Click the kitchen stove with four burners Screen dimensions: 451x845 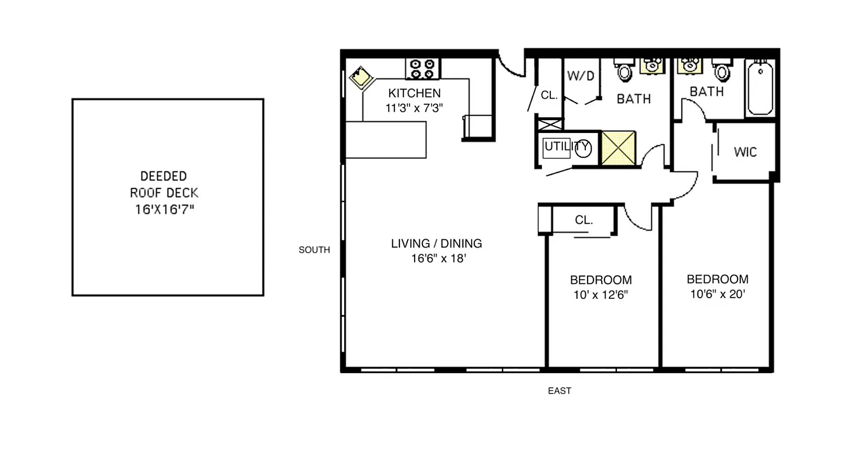[x=423, y=69]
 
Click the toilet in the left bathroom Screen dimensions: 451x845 [x=624, y=70]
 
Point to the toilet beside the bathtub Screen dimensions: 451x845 [x=722, y=70]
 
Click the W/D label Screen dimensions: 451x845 [x=581, y=76]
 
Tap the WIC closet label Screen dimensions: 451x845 [x=745, y=152]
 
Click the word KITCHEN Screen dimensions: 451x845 [x=415, y=93]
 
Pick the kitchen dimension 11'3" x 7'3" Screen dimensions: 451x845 [x=415, y=108]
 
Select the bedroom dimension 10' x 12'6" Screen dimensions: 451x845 [x=601, y=294]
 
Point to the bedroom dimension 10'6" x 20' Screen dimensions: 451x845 [x=718, y=294]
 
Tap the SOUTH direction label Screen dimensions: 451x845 [x=314, y=250]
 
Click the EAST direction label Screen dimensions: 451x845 [x=559, y=391]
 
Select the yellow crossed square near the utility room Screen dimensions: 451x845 [x=619, y=148]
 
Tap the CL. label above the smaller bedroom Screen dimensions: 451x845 [x=584, y=220]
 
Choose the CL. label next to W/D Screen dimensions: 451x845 [x=549, y=95]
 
